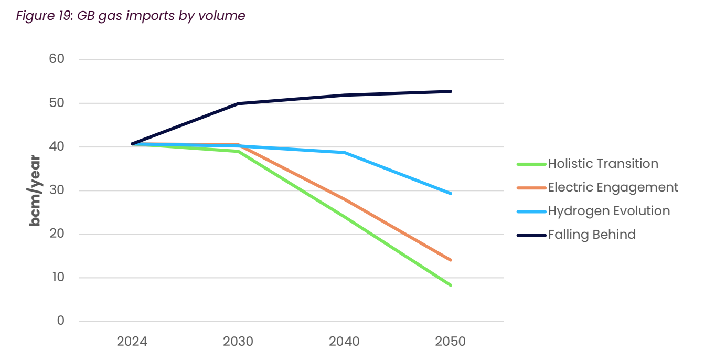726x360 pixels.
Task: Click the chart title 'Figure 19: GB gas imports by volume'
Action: (131, 16)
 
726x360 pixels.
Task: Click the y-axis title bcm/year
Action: (35, 190)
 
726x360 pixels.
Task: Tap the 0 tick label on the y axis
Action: (61, 321)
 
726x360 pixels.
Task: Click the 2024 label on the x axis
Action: (132, 342)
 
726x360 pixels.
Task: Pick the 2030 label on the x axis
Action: (238, 342)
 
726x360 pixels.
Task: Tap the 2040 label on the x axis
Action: (344, 342)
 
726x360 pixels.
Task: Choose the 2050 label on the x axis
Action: (450, 342)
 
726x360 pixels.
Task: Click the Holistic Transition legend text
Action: (603, 164)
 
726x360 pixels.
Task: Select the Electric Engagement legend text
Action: (613, 187)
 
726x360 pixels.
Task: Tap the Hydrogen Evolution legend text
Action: (608, 211)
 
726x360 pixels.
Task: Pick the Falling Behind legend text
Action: (592, 235)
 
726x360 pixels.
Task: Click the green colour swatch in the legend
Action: (531, 164)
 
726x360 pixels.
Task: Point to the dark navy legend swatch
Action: (531, 235)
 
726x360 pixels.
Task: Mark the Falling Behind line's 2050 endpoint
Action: (450, 91)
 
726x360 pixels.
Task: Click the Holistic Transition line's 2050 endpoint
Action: (450, 285)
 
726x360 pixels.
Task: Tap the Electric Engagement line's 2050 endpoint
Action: (450, 260)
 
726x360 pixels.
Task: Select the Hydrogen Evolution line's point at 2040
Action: (344, 153)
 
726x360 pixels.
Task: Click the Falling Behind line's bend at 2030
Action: (238, 103)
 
